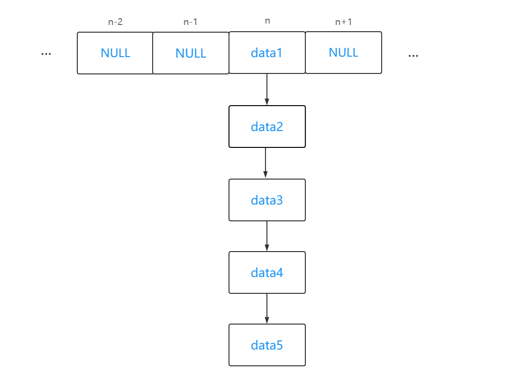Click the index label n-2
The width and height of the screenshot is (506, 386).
(x=115, y=22)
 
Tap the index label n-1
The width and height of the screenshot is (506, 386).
(x=191, y=22)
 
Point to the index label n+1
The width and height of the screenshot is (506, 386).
(x=343, y=22)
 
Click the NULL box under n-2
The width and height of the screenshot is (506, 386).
(x=115, y=53)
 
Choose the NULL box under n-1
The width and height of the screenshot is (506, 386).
(x=191, y=53)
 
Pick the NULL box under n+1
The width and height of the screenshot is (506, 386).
(x=343, y=52)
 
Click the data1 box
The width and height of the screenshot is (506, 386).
(x=267, y=52)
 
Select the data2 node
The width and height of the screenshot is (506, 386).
(x=267, y=126)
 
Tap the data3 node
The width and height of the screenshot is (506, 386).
(x=267, y=200)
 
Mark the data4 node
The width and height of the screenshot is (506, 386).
(x=267, y=272)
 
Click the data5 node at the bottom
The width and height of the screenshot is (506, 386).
(x=267, y=345)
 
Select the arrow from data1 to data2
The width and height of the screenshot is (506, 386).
(x=267, y=89)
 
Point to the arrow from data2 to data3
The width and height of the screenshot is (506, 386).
(x=265, y=163)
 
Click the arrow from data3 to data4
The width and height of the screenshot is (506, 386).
(x=267, y=236)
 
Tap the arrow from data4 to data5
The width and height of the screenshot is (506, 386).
(x=267, y=308)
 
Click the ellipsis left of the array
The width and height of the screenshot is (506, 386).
(x=46, y=54)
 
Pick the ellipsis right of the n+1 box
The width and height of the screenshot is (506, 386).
(x=413, y=56)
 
